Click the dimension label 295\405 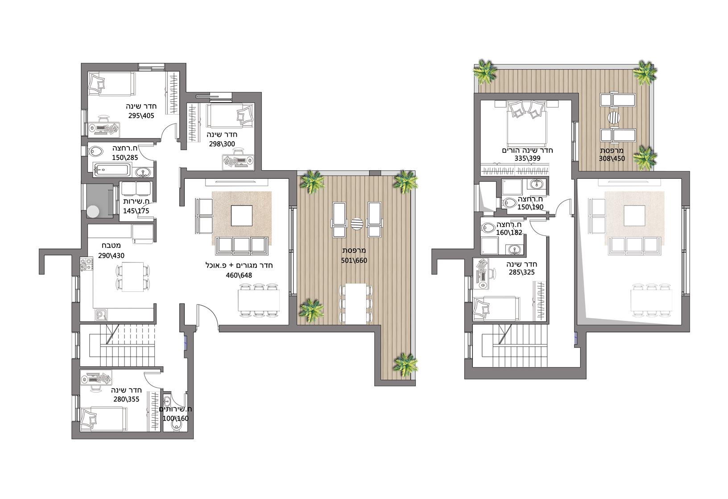click(x=141, y=115)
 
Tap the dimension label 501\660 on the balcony click(x=354, y=260)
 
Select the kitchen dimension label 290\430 click(x=111, y=255)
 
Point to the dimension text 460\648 click(x=239, y=275)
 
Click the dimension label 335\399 click(x=527, y=159)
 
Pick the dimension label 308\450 click(x=612, y=159)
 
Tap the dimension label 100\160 click(x=175, y=418)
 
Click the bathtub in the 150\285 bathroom click(x=112, y=170)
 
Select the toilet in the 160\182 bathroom click(x=488, y=228)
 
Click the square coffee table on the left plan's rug click(x=242, y=216)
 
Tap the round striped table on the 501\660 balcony click(x=357, y=224)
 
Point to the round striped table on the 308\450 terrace click(x=614, y=118)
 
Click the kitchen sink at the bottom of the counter click(x=100, y=315)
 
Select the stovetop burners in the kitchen click(x=86, y=264)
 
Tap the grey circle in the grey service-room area click(x=93, y=212)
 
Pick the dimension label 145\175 click(x=136, y=211)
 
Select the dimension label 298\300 click(x=222, y=144)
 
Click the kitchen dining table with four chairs click(x=133, y=277)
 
